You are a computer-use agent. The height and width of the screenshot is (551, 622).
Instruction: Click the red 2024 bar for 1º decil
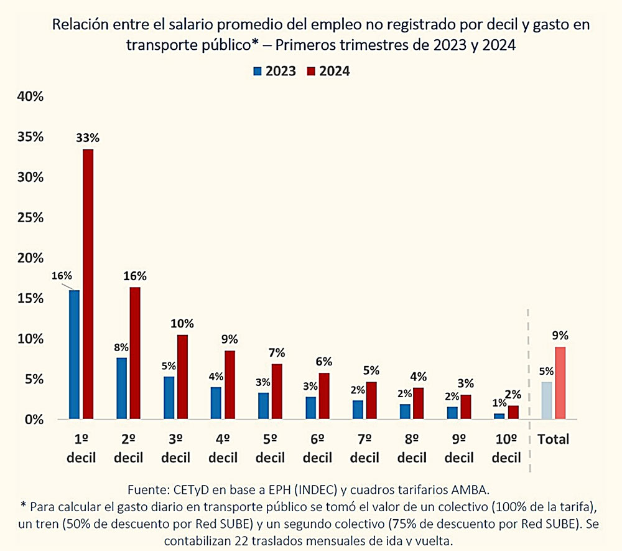(x=88, y=283)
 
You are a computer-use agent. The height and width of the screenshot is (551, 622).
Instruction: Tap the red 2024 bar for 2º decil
(x=135, y=352)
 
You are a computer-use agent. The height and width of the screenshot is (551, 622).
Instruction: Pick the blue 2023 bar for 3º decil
(x=169, y=397)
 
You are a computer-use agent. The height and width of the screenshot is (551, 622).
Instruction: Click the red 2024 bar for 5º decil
(x=277, y=391)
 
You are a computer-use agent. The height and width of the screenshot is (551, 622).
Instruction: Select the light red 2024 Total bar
(x=560, y=382)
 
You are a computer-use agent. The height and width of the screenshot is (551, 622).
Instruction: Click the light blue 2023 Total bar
(x=547, y=400)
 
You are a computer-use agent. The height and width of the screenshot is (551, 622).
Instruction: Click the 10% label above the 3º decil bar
(x=183, y=323)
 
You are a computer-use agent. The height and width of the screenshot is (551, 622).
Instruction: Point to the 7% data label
(x=277, y=352)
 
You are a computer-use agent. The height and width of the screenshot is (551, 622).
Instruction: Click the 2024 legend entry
(x=328, y=71)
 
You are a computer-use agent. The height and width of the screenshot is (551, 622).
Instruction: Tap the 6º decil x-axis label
(x=317, y=448)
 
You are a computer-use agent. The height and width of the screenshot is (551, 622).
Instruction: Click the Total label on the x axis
(x=554, y=439)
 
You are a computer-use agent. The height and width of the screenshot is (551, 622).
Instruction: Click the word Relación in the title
(x=78, y=26)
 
